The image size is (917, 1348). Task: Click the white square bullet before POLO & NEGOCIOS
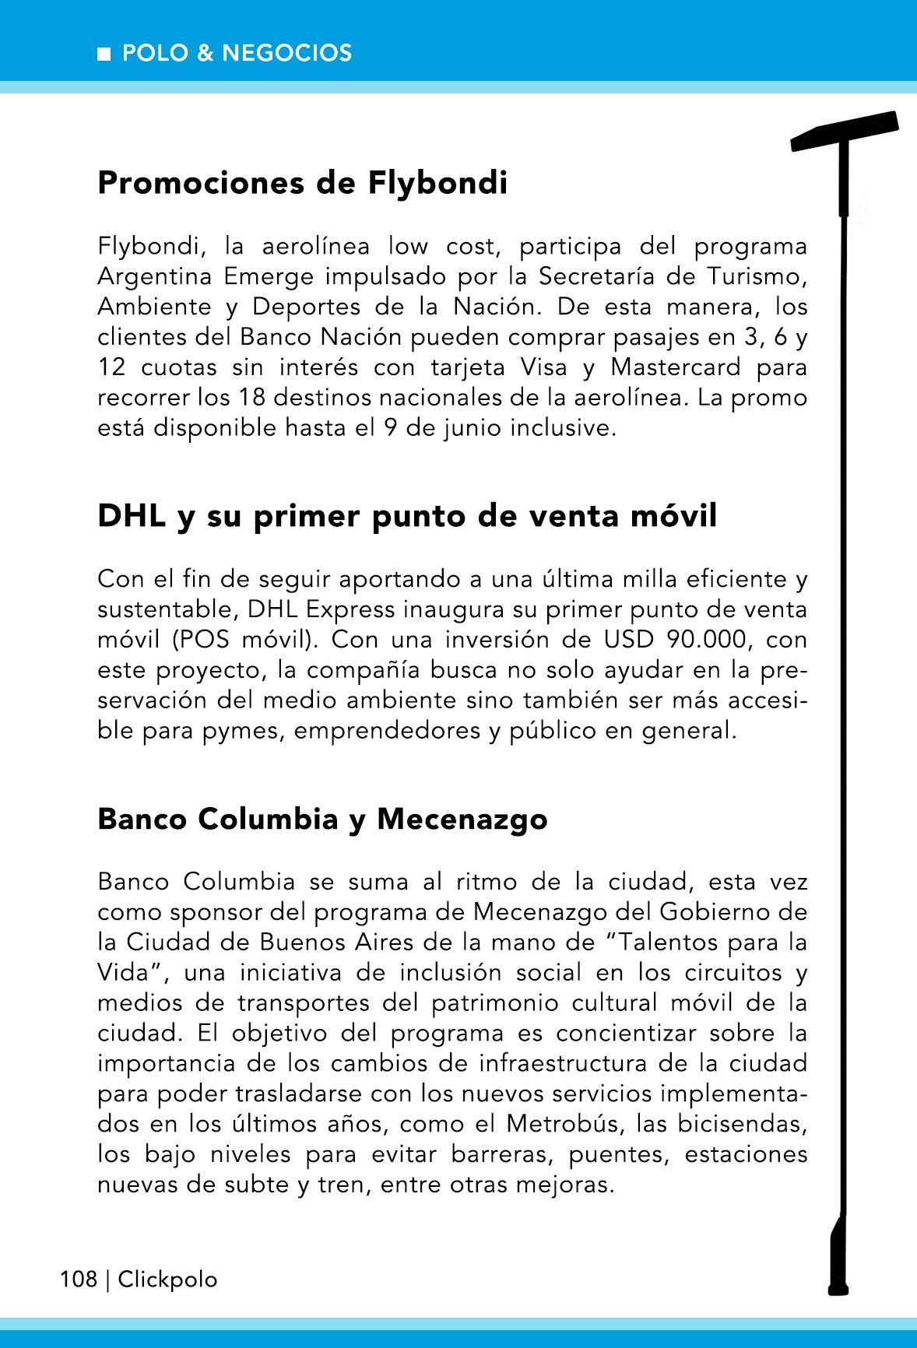104,54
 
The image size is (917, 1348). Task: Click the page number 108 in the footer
79,1280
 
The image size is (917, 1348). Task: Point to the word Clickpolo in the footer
167,1280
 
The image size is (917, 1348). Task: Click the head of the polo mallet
846,132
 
